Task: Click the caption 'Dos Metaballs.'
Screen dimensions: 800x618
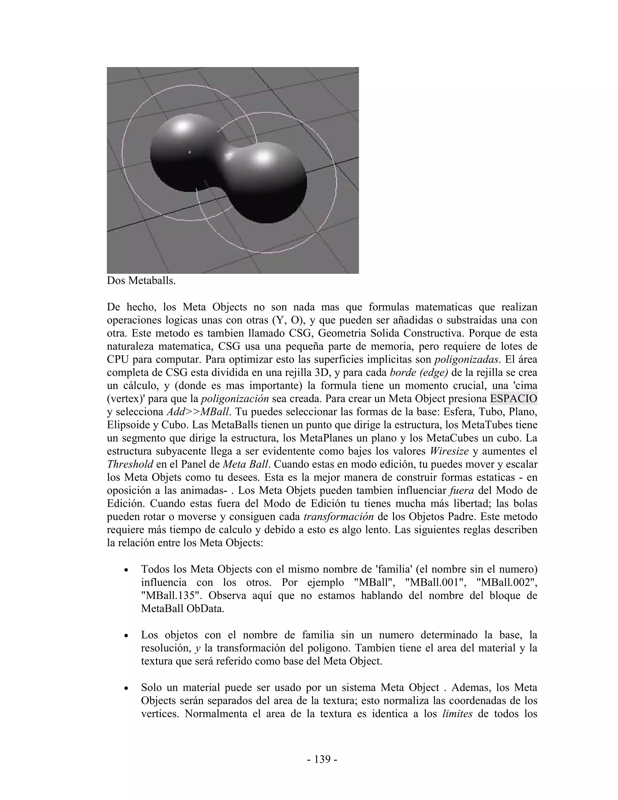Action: [141, 281]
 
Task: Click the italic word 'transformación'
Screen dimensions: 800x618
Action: [339, 517]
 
